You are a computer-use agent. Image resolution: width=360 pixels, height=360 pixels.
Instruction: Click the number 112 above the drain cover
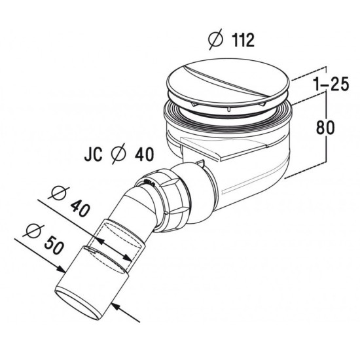coord(243,40)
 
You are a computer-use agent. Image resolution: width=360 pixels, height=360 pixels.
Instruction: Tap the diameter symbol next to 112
coord(216,39)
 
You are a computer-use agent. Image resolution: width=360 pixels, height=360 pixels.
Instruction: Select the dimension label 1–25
coord(331,83)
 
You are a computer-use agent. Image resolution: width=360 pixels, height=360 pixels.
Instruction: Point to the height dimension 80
coord(325,128)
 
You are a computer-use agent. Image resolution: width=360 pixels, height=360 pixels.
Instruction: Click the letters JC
coord(93,154)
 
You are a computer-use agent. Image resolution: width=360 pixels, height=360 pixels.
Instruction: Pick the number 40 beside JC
coord(144,154)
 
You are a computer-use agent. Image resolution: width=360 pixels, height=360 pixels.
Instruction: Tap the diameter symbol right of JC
coord(118,153)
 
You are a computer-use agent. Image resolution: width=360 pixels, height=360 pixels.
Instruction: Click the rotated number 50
coord(54,245)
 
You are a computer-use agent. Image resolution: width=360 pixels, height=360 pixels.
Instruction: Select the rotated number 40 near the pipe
coord(79,207)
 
